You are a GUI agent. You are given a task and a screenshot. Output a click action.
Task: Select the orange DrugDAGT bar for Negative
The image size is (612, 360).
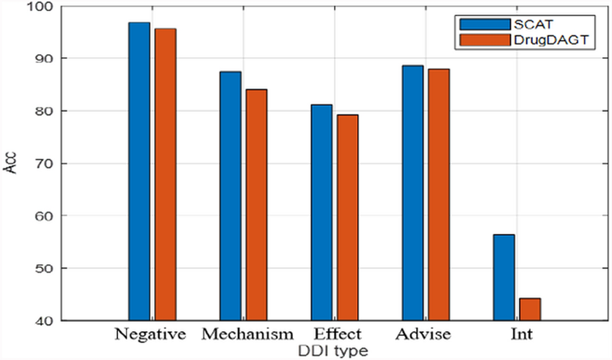coord(165,174)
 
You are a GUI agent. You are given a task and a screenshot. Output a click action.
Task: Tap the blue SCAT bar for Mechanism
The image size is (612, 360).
coord(231,196)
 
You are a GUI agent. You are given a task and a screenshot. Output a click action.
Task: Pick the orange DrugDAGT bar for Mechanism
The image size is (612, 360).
coord(257,205)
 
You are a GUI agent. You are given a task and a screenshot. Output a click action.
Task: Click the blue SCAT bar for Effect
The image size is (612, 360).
coord(322,213)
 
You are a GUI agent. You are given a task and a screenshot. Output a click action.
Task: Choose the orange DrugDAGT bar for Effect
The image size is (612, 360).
coord(348,217)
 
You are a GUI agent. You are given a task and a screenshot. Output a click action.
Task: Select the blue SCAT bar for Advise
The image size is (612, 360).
coord(413,193)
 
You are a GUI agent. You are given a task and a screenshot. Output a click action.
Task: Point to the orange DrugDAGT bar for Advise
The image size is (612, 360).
coord(440,195)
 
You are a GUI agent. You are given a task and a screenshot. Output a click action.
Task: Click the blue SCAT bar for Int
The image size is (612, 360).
coord(504,277)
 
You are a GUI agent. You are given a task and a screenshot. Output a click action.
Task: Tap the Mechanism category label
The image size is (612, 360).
coord(246,335)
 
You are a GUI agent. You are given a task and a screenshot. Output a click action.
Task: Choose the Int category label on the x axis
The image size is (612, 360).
coord(516,335)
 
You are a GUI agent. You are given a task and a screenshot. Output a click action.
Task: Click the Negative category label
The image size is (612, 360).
coord(150,335)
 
